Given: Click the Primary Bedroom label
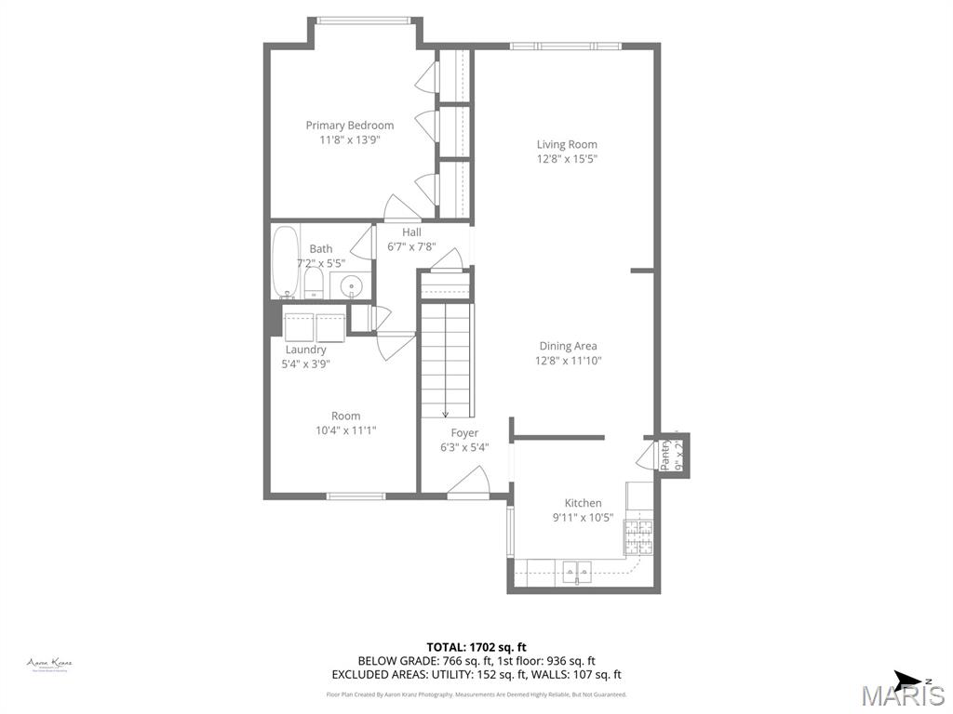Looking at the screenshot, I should coord(349,126).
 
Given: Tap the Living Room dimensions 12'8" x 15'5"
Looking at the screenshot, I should coord(566,159).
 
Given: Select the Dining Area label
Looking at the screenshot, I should coord(568,346).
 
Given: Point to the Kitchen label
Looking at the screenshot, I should coord(583,503).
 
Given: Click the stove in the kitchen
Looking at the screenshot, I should coord(638,535).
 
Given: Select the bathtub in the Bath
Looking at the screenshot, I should coord(284,260).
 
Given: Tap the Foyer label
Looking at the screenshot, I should coord(464,433).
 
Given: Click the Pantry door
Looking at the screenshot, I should coord(646,456).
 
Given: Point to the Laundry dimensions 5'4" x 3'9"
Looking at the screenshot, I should coord(305,364).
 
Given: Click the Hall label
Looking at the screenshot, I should coord(411,232).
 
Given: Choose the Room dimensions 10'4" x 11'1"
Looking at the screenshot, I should coord(345,430).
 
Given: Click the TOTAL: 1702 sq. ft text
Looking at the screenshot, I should coord(476,647).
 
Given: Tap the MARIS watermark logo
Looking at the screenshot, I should coord(902,695).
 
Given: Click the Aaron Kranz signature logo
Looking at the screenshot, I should coord(49,664).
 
